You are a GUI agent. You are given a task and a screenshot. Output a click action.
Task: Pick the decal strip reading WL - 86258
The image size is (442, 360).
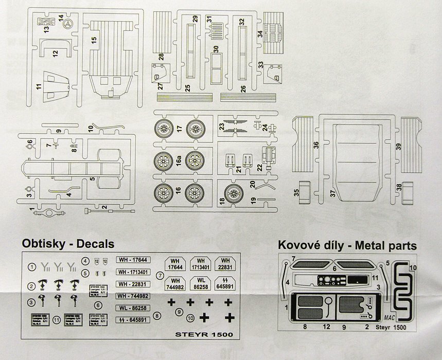click(134, 308)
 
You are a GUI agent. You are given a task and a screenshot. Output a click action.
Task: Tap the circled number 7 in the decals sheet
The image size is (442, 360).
click(160, 276)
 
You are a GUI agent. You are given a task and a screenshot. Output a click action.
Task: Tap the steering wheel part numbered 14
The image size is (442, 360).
click(67, 24)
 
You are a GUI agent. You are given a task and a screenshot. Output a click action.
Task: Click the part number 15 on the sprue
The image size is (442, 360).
click(95, 40)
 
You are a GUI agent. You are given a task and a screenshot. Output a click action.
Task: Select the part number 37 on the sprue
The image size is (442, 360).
click(332, 192)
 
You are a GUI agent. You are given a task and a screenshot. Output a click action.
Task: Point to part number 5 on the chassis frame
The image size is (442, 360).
click(92, 179)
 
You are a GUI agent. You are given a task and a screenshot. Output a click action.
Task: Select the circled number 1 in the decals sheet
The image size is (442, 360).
click(32, 267)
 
